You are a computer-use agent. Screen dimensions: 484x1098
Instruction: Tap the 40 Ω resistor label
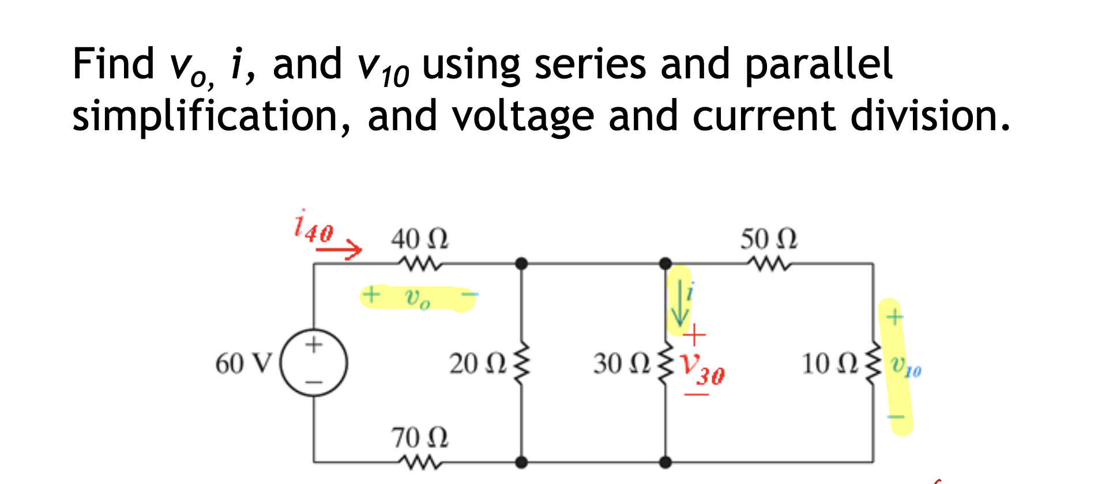(x=419, y=239)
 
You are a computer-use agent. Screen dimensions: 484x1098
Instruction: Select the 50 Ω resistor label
(x=768, y=239)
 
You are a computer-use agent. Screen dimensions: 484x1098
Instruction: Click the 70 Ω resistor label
(x=419, y=438)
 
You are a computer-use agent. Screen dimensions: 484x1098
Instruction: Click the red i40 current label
(x=313, y=227)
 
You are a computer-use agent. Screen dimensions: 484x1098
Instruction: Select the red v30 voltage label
(x=701, y=369)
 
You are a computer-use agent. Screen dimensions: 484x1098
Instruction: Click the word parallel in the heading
(x=818, y=65)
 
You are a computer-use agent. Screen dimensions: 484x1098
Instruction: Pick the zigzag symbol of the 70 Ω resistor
(x=419, y=462)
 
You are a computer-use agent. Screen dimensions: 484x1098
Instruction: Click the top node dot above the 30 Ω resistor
(x=665, y=264)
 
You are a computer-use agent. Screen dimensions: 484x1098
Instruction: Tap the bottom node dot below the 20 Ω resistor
(x=521, y=462)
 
